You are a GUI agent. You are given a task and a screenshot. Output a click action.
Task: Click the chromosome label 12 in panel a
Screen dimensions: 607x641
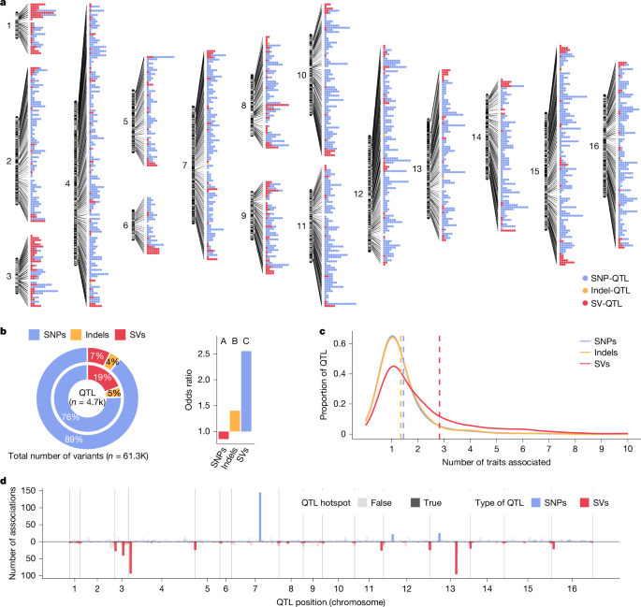(x=358, y=193)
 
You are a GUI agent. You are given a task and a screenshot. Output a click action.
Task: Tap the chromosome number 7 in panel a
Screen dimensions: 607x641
(x=185, y=166)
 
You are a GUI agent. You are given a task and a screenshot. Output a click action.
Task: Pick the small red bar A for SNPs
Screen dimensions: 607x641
(x=224, y=435)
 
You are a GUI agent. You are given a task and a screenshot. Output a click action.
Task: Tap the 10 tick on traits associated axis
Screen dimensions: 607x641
(x=627, y=449)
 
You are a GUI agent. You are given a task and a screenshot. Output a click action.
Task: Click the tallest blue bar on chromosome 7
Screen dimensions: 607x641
(x=259, y=517)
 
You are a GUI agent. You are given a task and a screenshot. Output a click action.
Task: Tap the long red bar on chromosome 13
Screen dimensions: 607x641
(x=456, y=557)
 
